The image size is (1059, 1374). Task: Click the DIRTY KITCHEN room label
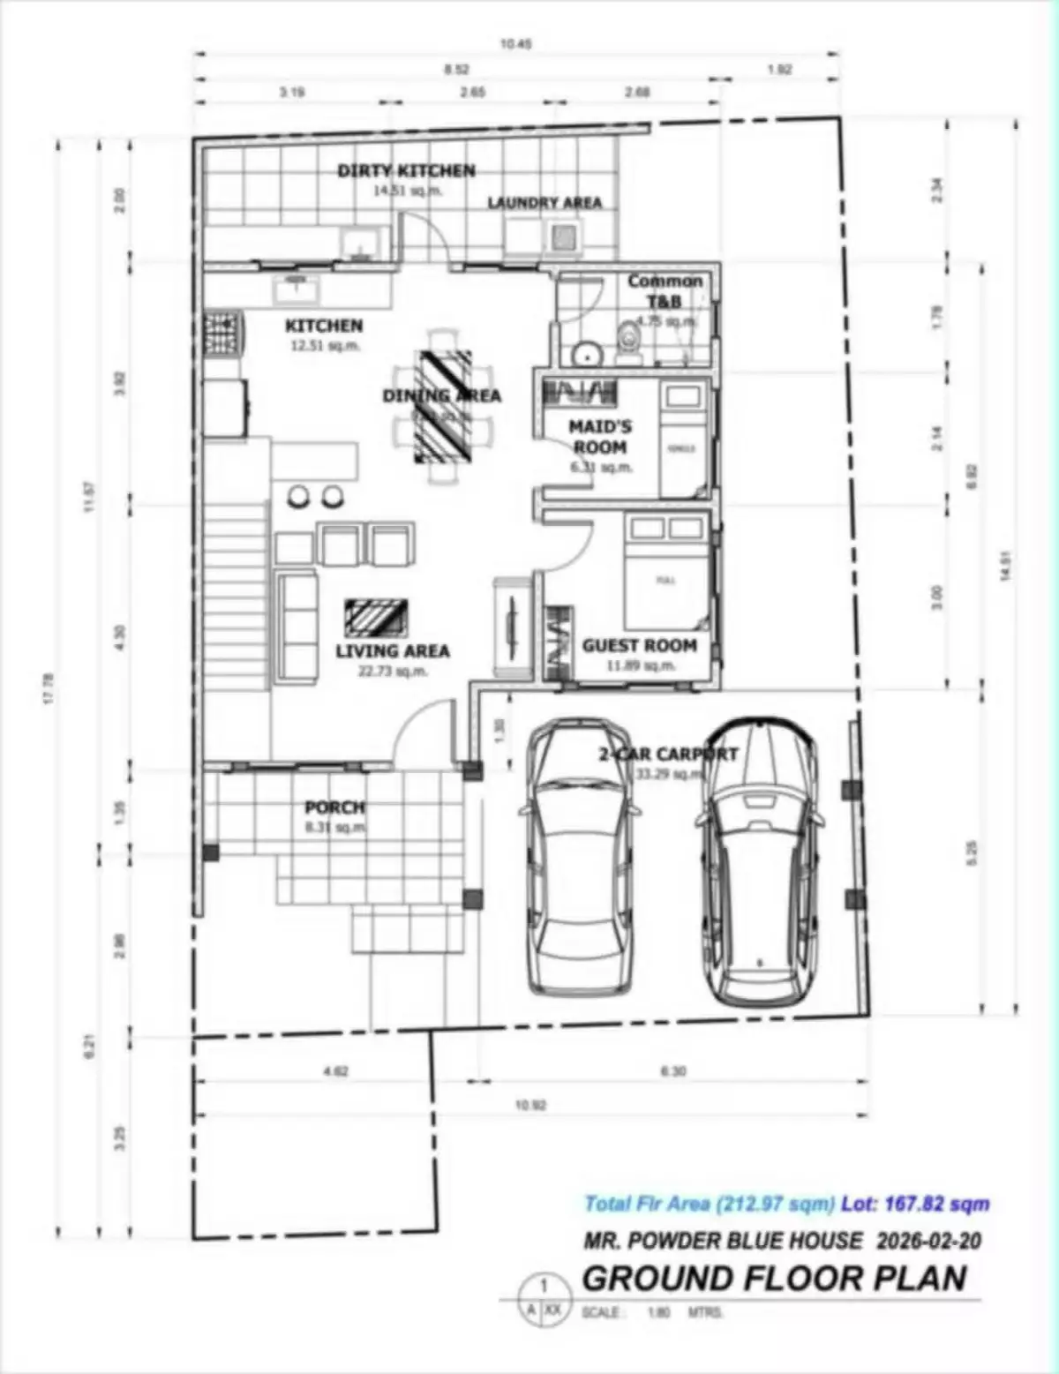(x=406, y=170)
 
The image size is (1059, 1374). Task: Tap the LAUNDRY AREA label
(x=545, y=203)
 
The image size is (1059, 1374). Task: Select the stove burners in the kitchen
(x=222, y=334)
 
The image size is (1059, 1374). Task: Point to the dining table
(x=443, y=405)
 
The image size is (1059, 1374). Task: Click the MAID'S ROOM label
(x=600, y=437)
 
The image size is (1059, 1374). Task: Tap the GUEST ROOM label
(x=639, y=646)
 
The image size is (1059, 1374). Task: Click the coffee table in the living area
(x=376, y=617)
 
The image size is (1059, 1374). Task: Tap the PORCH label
(x=334, y=807)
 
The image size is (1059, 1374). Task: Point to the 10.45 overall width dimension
(x=515, y=43)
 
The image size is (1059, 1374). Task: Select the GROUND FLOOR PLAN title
(x=774, y=1278)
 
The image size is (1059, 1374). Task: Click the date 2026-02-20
(x=928, y=1241)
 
